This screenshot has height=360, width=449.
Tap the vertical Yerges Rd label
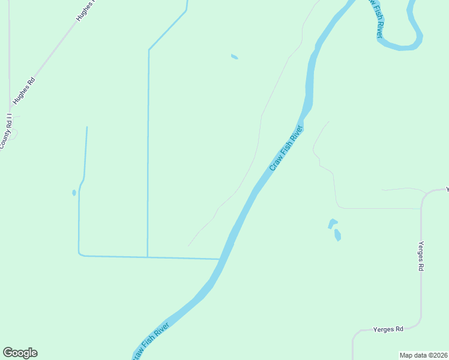pyautogui.click(x=421, y=257)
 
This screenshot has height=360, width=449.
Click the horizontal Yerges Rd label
pyautogui.click(x=388, y=329)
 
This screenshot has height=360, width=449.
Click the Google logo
pyautogui.click(x=20, y=353)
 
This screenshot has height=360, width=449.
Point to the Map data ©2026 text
pyautogui.click(x=424, y=355)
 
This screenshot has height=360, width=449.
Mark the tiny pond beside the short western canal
pyautogui.click(x=74, y=193)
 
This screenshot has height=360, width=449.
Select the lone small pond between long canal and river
pyautogui.click(x=234, y=57)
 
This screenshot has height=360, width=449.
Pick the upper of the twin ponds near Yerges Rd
pyautogui.click(x=332, y=223)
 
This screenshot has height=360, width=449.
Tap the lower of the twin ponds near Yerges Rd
pyautogui.click(x=337, y=235)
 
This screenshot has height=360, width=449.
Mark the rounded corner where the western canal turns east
pyautogui.click(x=80, y=254)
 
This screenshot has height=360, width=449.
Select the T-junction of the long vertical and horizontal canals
pyautogui.click(x=148, y=257)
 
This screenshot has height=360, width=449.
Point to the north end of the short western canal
pyautogui.click(x=87, y=127)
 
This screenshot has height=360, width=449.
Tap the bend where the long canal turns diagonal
pyautogui.click(x=149, y=50)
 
